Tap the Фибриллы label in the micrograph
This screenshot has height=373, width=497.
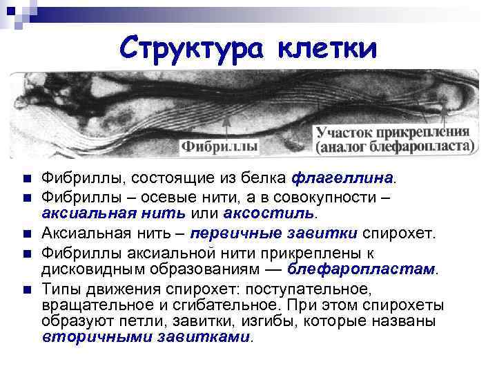pos(220,146)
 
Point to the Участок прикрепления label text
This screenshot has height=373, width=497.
pos(393,131)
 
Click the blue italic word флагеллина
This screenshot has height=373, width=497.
pos(344,178)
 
